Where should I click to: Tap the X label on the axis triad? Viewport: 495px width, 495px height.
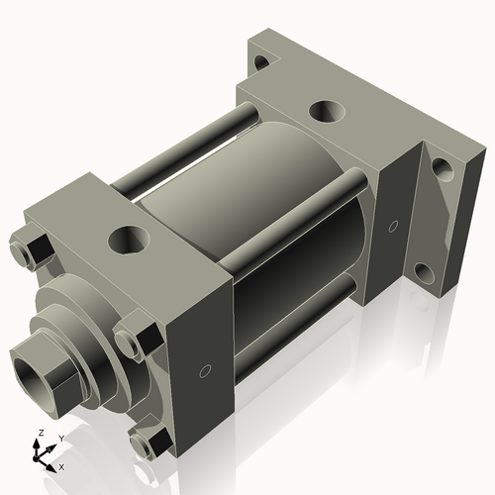click(62, 466)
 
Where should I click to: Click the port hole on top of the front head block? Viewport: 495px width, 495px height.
click(127, 238)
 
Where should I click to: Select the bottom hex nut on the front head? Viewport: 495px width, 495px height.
click(149, 443)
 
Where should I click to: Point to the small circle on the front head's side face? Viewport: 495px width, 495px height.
click(204, 372)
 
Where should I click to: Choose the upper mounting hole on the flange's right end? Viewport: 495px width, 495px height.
click(442, 169)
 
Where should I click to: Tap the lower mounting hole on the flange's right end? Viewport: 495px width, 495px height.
click(423, 273)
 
